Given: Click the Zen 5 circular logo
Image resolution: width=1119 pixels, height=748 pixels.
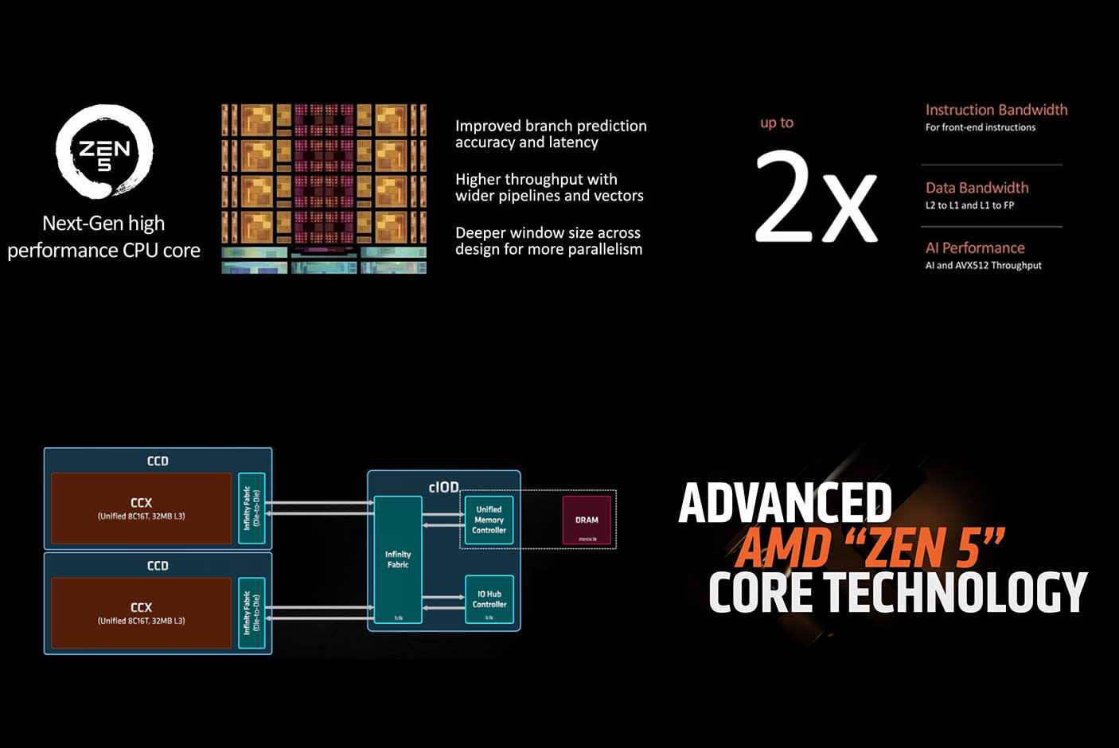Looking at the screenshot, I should [x=104, y=151].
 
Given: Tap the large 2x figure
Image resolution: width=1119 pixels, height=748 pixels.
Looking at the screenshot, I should [x=815, y=197].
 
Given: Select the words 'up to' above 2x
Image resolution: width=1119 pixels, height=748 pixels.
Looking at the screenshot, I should [x=776, y=123].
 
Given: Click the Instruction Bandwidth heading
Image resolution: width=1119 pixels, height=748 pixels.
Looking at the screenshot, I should [x=996, y=110].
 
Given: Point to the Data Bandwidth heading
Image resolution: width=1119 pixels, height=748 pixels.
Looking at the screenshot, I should [x=977, y=188].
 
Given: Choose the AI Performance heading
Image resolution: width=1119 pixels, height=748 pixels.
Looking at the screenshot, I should [x=974, y=247].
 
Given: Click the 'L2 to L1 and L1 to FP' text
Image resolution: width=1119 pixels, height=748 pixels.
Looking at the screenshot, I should [x=969, y=205].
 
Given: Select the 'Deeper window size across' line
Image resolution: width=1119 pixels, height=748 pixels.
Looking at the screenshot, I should [x=548, y=232].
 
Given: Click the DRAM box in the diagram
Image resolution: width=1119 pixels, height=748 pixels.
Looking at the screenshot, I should [x=587, y=520].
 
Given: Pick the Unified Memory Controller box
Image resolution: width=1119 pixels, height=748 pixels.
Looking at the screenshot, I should [x=489, y=520].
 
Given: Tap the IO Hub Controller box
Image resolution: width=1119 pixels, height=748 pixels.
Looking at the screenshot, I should [x=489, y=599].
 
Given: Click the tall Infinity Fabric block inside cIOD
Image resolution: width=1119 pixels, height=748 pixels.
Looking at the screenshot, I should [x=398, y=559].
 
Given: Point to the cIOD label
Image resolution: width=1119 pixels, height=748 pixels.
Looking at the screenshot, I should [x=443, y=487].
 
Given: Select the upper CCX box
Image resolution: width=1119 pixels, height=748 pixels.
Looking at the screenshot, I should [x=141, y=508].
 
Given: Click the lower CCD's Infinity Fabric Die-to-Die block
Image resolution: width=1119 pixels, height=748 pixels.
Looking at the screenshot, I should [x=251, y=612].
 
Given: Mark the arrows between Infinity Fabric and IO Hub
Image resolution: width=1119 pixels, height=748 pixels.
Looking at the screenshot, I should [x=443, y=602].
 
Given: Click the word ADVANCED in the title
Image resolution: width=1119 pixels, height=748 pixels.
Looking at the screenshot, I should [x=785, y=503].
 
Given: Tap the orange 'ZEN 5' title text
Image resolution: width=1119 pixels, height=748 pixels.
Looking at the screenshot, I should [x=923, y=548].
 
